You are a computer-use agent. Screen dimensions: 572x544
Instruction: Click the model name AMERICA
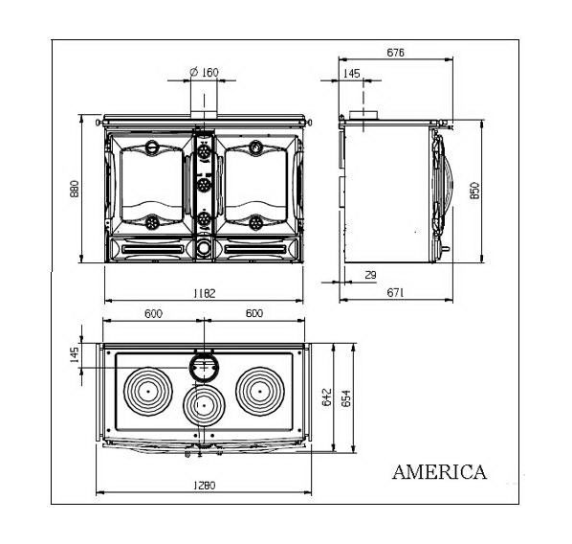click(x=440, y=471)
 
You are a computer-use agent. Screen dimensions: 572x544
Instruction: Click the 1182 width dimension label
click(x=205, y=293)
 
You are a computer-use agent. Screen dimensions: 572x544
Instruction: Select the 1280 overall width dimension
click(x=205, y=486)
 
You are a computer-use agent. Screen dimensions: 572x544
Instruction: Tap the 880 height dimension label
click(x=75, y=189)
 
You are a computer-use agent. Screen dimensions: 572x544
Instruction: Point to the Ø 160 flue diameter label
click(x=205, y=73)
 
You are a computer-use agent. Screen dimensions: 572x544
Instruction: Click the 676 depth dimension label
click(x=396, y=53)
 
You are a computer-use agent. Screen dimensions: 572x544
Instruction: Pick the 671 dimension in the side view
click(x=396, y=293)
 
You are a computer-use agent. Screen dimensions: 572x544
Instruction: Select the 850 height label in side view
click(x=475, y=190)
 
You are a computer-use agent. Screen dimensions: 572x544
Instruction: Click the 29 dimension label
click(x=370, y=275)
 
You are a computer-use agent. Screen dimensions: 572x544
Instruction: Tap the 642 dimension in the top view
click(x=327, y=397)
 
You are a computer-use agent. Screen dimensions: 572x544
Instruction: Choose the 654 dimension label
click(x=346, y=397)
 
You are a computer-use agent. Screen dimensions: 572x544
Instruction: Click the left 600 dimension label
click(x=153, y=313)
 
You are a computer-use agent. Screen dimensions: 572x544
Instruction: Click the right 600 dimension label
click(x=254, y=313)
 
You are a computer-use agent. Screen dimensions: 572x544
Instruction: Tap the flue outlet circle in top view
click(x=205, y=354)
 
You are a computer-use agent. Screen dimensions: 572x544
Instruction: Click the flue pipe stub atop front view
click(x=204, y=114)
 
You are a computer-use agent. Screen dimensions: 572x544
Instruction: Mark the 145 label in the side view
click(x=352, y=74)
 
